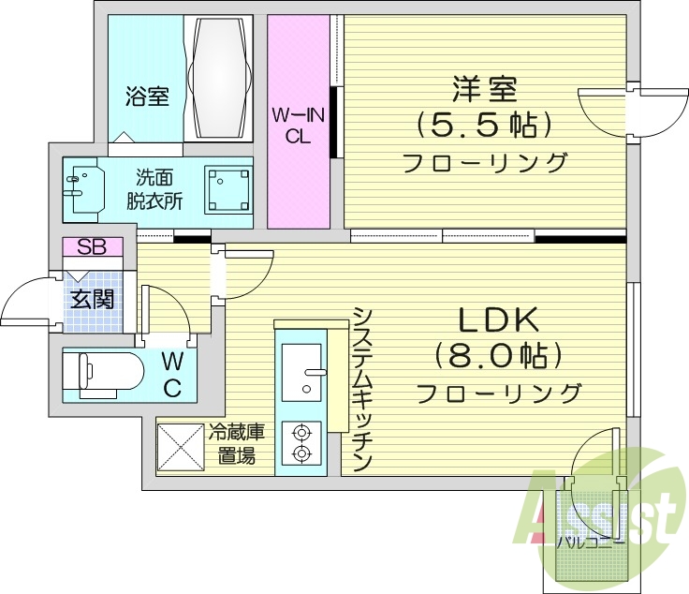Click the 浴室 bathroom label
tap(147, 96)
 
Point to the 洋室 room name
tap(484, 91)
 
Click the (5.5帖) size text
tap(484, 125)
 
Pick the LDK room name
tap(497, 321)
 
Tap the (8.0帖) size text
tap(497, 356)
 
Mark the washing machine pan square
tap(228, 189)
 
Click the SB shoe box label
tap(92, 247)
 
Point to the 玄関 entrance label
tap(92, 300)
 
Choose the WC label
tap(172, 374)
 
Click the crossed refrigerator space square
tap(180, 448)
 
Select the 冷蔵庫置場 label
tap(236, 445)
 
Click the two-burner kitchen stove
tap(301, 443)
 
